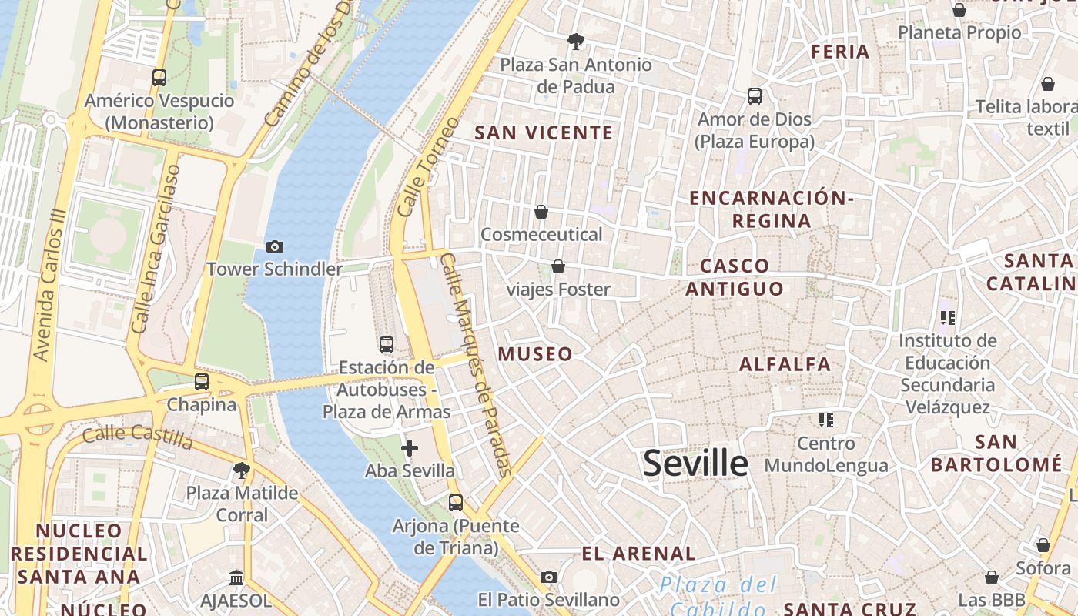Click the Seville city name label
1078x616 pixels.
(695, 464)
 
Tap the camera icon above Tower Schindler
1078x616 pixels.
(274, 246)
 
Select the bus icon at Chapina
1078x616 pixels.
(202, 381)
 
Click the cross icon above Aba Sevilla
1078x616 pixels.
(410, 447)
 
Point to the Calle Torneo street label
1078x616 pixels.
(428, 166)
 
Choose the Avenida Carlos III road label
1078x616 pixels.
(48, 285)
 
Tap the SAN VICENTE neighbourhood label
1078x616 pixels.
(544, 132)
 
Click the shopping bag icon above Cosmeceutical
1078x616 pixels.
(541, 212)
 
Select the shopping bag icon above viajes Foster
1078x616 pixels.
(558, 266)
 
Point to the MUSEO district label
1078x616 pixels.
(535, 354)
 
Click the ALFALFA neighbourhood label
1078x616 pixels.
(785, 364)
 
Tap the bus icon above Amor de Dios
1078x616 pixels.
(755, 96)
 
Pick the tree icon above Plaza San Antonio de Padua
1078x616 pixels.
(575, 41)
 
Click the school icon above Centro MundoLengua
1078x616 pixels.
(826, 420)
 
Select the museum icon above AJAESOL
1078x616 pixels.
(236, 577)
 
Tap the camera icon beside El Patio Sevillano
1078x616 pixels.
(549, 577)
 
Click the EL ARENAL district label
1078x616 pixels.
(638, 554)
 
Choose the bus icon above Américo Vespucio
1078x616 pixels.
(159, 77)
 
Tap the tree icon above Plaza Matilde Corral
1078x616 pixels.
(242, 470)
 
